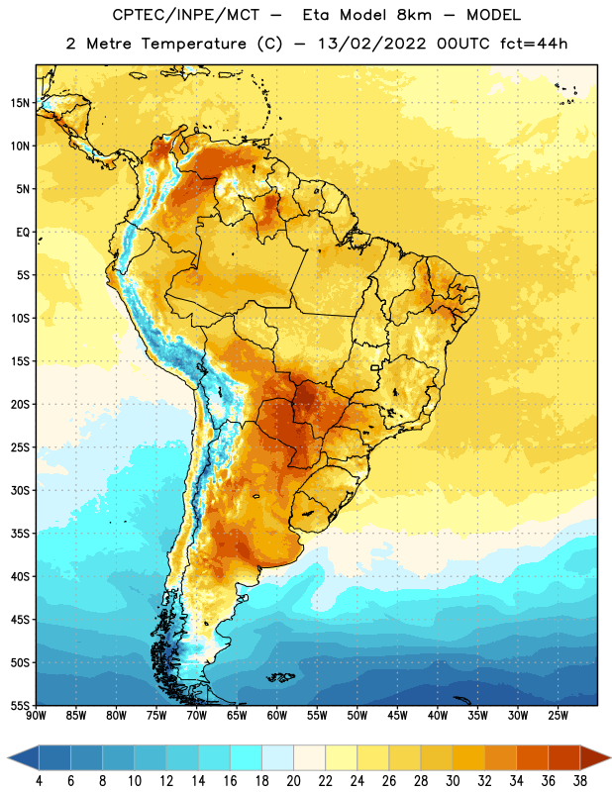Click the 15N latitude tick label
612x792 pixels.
[x=20, y=103]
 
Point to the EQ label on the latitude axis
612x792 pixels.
[x=23, y=233]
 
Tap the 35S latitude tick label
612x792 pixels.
[x=20, y=534]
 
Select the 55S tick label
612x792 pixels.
[x=20, y=705]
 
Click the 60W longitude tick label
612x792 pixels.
[x=277, y=716]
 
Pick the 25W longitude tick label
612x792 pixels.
[x=558, y=716]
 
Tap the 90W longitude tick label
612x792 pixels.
[x=36, y=716]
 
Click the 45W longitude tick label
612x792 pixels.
[x=397, y=716]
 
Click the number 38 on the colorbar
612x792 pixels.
[x=579, y=781]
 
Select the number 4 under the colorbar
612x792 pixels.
[x=39, y=781]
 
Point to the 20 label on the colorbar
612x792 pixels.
[x=293, y=781]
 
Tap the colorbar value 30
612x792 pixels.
[x=453, y=781]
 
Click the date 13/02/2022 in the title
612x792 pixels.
[x=372, y=44]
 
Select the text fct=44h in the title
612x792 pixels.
[x=534, y=44]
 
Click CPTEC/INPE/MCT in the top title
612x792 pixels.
[x=186, y=15]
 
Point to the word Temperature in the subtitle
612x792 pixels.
[x=193, y=44]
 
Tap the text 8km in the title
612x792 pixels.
[x=414, y=15]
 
